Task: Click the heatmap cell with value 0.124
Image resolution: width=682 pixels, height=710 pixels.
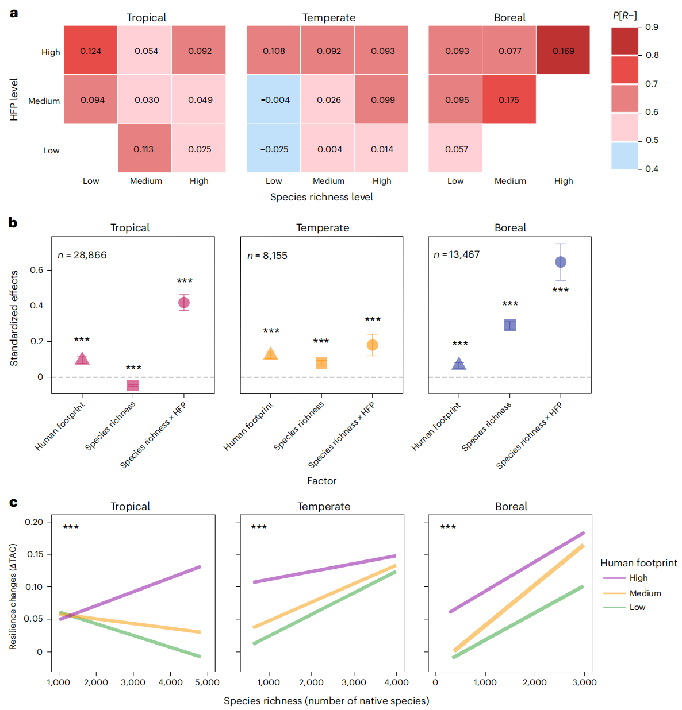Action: (x=90, y=51)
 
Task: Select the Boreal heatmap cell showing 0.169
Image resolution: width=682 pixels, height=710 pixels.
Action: (x=563, y=51)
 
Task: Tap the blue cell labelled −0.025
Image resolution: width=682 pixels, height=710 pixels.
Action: (x=274, y=149)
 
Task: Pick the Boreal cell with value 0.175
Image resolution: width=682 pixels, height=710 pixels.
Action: (x=509, y=99)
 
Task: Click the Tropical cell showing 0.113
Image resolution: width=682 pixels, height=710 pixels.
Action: (x=144, y=149)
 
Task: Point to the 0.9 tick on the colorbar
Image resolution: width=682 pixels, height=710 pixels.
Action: (x=652, y=27)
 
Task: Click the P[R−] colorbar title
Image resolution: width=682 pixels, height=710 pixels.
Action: (x=624, y=16)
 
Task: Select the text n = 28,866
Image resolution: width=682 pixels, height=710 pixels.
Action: (x=82, y=255)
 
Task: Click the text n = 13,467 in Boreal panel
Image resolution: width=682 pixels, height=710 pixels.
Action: (x=457, y=254)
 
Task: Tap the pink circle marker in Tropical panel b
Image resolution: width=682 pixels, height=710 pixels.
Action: (x=184, y=303)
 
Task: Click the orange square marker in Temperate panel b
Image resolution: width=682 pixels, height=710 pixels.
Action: (x=321, y=362)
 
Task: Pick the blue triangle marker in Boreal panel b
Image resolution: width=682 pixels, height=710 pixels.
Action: (x=459, y=364)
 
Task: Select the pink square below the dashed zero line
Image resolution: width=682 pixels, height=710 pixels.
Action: (x=133, y=385)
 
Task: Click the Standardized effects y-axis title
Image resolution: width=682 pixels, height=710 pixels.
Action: (x=14, y=318)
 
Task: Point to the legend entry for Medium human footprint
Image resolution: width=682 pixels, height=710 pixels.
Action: (x=645, y=593)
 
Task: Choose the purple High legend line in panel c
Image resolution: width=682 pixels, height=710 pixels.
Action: (x=614, y=578)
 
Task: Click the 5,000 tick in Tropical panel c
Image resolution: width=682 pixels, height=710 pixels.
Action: (x=207, y=682)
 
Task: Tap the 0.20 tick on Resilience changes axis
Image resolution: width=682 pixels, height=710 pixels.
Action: (x=34, y=522)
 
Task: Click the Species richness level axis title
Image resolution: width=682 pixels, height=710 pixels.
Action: (x=321, y=197)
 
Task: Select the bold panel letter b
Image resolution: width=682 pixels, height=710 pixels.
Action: (x=13, y=223)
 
